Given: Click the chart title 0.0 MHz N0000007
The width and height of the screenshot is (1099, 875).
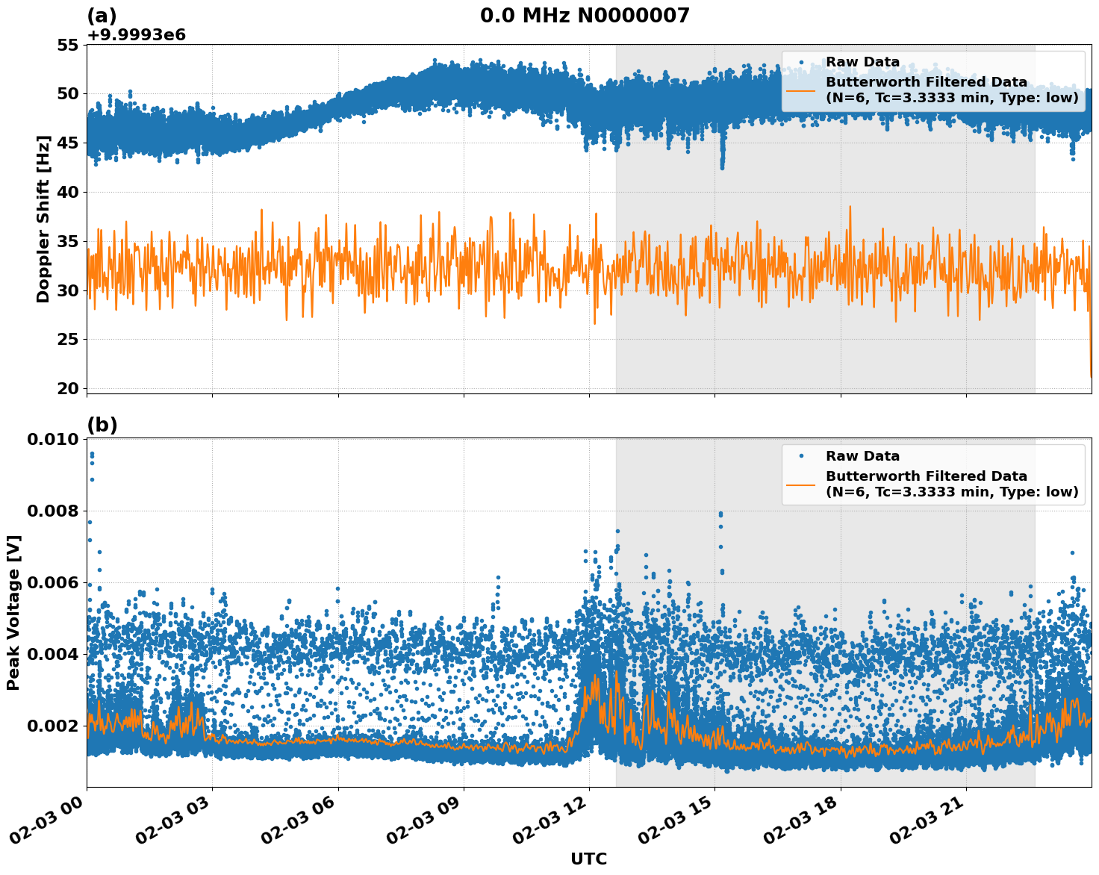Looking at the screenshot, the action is tap(585, 16).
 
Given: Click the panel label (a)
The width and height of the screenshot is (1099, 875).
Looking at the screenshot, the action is tap(102, 16).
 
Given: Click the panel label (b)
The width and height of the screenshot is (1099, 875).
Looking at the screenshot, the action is tap(102, 425).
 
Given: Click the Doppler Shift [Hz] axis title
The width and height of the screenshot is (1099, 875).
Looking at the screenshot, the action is tap(43, 219).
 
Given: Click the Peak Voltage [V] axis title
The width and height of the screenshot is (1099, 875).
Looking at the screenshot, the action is tap(13, 612).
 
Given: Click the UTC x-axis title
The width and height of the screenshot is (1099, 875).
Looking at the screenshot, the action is tap(588, 859).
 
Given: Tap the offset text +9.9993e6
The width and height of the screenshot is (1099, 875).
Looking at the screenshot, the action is tap(136, 35).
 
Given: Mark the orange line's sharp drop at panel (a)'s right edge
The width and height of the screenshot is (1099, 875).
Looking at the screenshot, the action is tap(1090, 358).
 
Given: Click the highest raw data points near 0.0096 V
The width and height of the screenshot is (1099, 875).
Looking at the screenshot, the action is tap(92, 455).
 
